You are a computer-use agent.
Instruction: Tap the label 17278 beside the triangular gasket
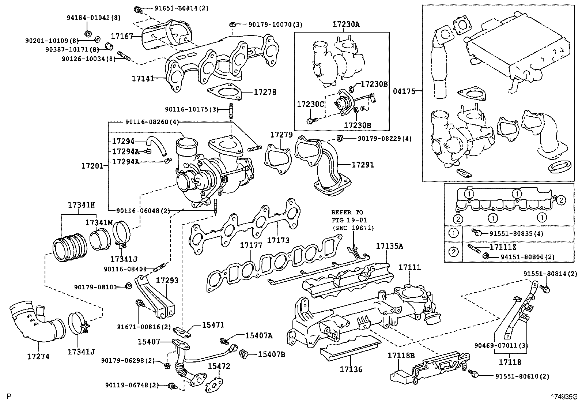pos(265,93)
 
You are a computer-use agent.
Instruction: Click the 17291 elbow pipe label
pos(363,165)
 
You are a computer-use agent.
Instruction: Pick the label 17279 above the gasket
pos(281,135)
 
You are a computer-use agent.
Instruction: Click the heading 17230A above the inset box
pos(346,25)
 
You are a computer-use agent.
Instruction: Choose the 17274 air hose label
pos(38,356)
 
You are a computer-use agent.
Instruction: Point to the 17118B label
pos(401,356)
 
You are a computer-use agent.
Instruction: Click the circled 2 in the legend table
pos(453,252)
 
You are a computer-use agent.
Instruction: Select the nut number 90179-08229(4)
pos(379,139)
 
